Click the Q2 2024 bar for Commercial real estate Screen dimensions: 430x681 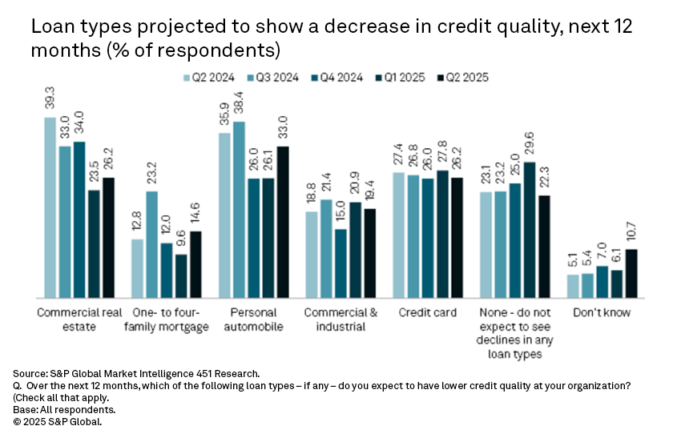(x=50, y=207)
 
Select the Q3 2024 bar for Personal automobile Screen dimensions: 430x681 (x=240, y=210)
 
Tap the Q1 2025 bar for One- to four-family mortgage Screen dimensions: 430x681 (x=182, y=276)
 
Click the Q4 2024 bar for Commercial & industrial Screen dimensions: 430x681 (x=341, y=263)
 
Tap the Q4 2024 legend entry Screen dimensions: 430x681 (x=339, y=78)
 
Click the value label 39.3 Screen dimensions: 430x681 (x=50, y=100)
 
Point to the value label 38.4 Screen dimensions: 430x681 (x=240, y=105)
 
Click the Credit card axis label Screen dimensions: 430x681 (x=428, y=312)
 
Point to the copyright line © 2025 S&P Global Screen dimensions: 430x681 (x=58, y=420)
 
